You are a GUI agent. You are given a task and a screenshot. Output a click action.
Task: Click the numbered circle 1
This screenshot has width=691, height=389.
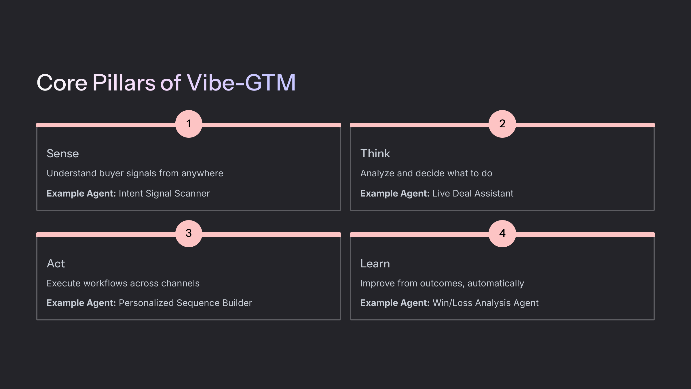(189, 124)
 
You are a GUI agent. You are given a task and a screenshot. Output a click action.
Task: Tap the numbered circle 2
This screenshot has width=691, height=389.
(502, 124)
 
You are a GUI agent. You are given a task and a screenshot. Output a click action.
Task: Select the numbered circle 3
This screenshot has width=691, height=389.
(189, 233)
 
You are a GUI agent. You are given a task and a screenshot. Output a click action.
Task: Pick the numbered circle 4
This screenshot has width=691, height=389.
(502, 233)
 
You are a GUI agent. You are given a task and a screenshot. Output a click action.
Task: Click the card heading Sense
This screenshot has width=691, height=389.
(62, 154)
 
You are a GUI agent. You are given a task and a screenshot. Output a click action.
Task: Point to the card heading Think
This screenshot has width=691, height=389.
(375, 154)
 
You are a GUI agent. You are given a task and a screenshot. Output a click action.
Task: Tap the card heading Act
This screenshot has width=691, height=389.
(56, 264)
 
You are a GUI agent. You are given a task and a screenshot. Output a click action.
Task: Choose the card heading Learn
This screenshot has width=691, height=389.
(375, 264)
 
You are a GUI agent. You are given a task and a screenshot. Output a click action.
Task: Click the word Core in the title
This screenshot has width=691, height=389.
(62, 83)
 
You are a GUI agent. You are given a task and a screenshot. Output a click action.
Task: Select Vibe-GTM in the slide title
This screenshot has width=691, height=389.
(241, 83)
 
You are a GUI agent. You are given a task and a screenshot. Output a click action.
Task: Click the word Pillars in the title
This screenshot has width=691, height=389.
(124, 83)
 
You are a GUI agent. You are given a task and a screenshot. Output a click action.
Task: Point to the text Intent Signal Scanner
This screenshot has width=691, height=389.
(164, 193)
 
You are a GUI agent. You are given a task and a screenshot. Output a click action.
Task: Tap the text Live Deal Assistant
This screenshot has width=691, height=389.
(473, 193)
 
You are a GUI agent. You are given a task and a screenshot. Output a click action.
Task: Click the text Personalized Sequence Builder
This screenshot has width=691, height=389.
(185, 303)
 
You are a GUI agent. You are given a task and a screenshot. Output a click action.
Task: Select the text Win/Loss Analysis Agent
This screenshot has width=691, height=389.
(485, 303)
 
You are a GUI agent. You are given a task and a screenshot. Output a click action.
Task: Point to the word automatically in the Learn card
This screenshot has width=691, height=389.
(496, 284)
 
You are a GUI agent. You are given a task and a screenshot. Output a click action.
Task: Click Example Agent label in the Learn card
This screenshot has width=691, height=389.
(395, 303)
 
